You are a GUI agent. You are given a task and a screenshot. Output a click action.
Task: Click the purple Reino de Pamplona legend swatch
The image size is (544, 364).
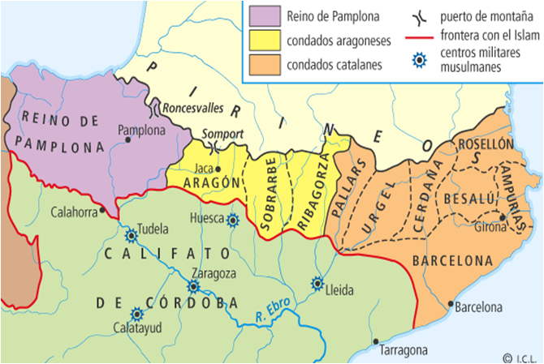coord(267,15)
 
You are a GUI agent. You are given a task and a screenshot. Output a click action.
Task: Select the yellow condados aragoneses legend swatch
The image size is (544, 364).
coord(267,38)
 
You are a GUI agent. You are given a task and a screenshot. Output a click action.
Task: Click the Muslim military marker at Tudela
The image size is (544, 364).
coord(131,235)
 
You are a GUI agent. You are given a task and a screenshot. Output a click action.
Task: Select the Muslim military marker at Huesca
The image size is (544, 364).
coord(233,219)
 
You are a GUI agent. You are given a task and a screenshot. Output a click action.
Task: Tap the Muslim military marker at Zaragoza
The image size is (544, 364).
coord(194,286)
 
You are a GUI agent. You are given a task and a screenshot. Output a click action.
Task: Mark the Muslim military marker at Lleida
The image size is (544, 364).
coord(317,285)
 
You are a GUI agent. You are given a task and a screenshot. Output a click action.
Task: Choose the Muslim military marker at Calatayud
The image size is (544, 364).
coord(136,314)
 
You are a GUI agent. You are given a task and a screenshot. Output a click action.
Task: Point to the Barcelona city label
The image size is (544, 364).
coord(479,308)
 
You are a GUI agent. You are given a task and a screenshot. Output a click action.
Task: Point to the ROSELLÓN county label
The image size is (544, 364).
coord(487,143)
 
